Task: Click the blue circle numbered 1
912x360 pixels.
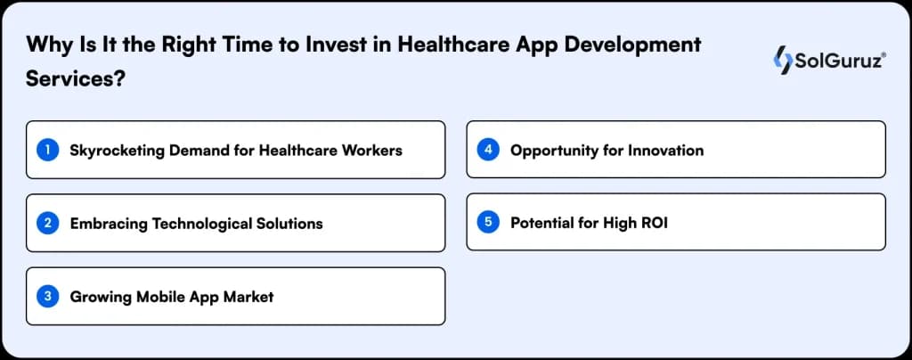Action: (47, 150)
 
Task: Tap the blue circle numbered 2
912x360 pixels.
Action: (47, 223)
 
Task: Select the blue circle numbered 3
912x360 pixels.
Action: (47, 296)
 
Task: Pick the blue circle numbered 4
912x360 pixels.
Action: (487, 150)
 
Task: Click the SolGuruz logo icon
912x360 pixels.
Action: (783, 61)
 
